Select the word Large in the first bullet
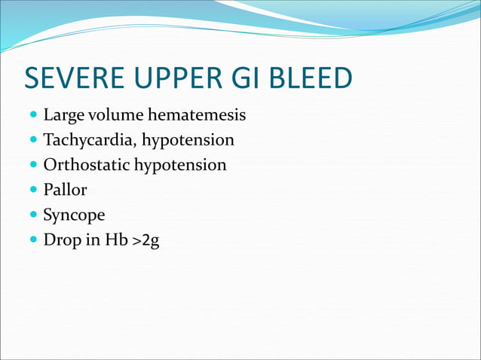[x=62, y=117]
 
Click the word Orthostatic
[x=86, y=165]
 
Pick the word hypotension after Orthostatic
[x=180, y=165]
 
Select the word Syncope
[x=74, y=215]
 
